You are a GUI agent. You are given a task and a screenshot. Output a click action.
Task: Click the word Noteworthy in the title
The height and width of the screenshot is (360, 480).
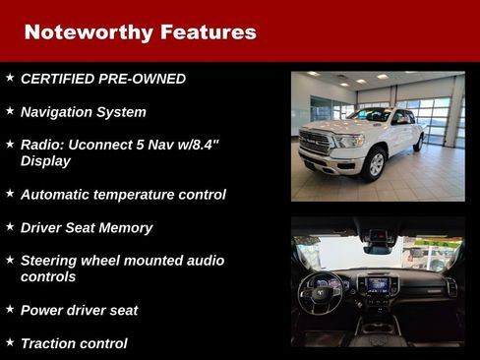point(86,31)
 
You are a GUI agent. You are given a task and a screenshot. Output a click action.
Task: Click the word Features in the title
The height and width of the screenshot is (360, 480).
point(207,31)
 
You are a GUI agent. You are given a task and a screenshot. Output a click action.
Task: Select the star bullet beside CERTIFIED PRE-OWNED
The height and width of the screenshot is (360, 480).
point(10,77)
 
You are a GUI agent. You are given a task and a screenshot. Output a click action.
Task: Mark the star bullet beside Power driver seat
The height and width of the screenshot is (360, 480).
point(10,308)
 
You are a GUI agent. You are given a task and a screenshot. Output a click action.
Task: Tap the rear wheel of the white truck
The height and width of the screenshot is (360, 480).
point(418,143)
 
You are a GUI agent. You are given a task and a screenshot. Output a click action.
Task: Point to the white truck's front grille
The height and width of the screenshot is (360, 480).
point(318,143)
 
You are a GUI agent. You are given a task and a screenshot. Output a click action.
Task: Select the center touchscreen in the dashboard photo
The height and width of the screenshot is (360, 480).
point(378,286)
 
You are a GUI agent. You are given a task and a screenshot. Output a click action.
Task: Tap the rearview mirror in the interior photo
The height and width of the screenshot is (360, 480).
point(378,236)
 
